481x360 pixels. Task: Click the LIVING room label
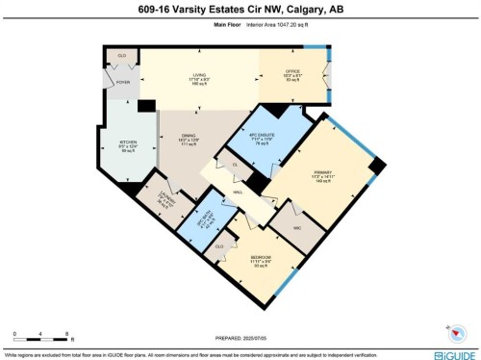tap(199, 75)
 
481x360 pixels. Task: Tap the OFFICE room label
tap(292, 75)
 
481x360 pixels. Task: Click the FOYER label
tap(123, 83)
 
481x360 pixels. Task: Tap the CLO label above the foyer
tap(122, 56)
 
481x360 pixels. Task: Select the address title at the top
tap(240, 10)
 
